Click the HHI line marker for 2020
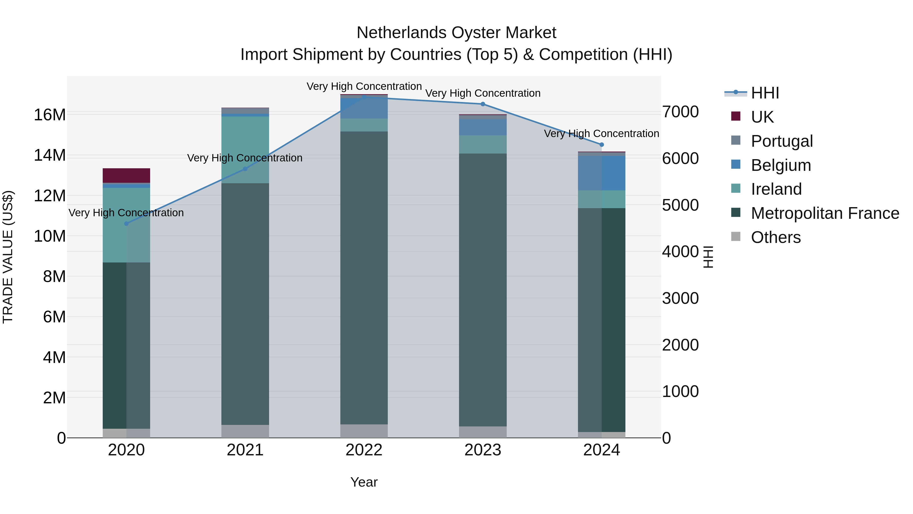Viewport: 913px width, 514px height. coord(126,223)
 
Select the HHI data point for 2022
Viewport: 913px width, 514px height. coord(364,96)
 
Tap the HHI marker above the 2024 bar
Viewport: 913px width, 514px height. coord(602,145)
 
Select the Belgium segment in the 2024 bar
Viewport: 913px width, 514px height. coord(602,173)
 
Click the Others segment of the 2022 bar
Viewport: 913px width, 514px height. coord(364,431)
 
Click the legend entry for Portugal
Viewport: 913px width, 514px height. coord(782,141)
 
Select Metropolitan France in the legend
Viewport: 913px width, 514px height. coord(825,213)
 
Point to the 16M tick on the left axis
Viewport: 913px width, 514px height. coord(50,115)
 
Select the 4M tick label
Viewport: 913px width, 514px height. coord(54,357)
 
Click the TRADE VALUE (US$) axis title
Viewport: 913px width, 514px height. coord(8,257)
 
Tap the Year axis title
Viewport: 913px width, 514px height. coord(364,482)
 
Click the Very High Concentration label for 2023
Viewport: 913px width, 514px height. coord(483,93)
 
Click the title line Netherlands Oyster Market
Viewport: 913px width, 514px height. coord(456,33)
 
